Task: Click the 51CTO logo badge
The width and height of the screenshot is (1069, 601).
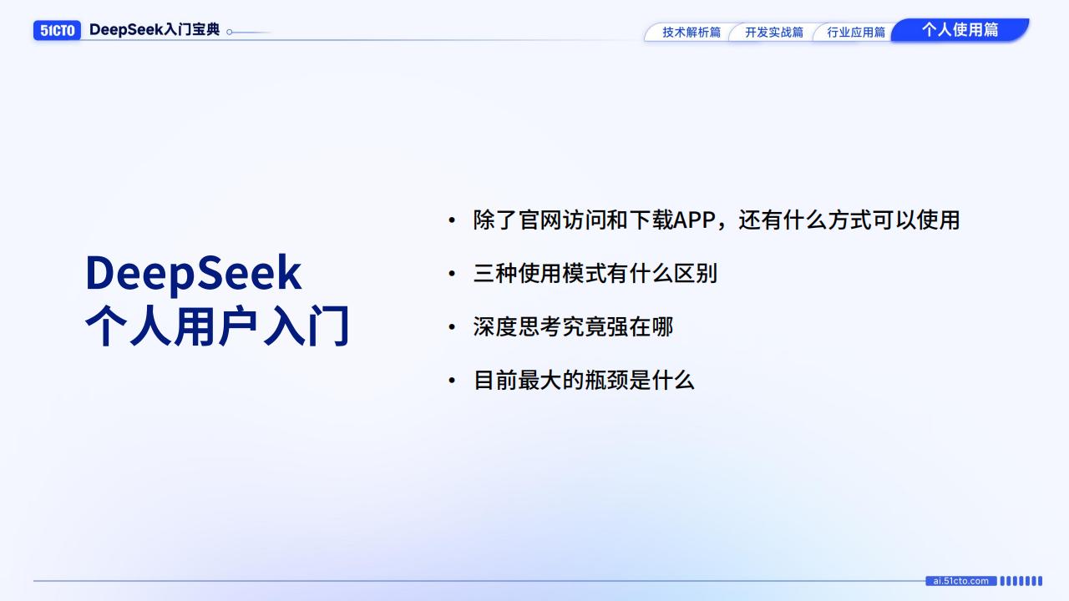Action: [x=57, y=31]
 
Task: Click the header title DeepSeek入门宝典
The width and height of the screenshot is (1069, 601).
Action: [x=155, y=30]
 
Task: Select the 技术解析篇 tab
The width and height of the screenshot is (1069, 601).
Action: [x=691, y=33]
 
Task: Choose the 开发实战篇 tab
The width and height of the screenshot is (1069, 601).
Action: [x=773, y=33]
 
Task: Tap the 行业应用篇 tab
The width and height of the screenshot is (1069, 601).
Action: [x=855, y=33]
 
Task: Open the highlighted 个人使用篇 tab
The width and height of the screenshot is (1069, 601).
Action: [x=960, y=30]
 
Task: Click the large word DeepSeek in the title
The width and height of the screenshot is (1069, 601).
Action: [x=193, y=273]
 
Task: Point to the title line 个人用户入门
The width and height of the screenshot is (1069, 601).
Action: [x=217, y=326]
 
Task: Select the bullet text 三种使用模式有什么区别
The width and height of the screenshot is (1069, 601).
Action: [x=595, y=274]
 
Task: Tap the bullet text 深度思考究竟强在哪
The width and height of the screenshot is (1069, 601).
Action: [x=573, y=327]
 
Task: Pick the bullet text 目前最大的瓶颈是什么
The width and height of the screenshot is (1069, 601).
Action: [x=584, y=381]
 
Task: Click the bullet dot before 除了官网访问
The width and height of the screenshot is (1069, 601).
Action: [x=452, y=221]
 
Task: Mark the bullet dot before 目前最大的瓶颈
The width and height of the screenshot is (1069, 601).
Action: [x=452, y=381]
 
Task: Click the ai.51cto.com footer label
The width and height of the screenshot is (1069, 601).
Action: [x=960, y=581]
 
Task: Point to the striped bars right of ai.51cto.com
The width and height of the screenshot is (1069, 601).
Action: [x=1021, y=581]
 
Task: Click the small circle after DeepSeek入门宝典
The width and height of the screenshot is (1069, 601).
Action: [x=230, y=33]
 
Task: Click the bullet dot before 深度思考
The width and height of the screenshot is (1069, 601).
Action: [x=452, y=328]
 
